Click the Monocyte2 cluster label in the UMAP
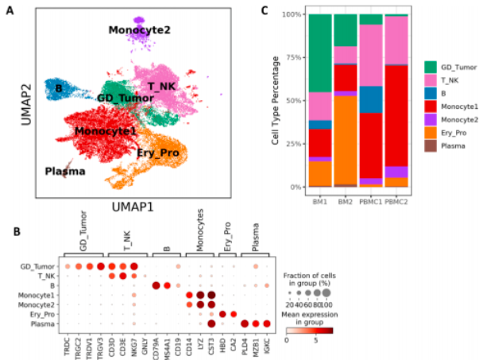[141, 30]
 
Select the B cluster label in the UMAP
[58, 86]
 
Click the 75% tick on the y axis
[294, 57]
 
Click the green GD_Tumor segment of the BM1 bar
[320, 53]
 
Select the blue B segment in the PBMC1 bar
[370, 99]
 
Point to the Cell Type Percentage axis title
[274, 101]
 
